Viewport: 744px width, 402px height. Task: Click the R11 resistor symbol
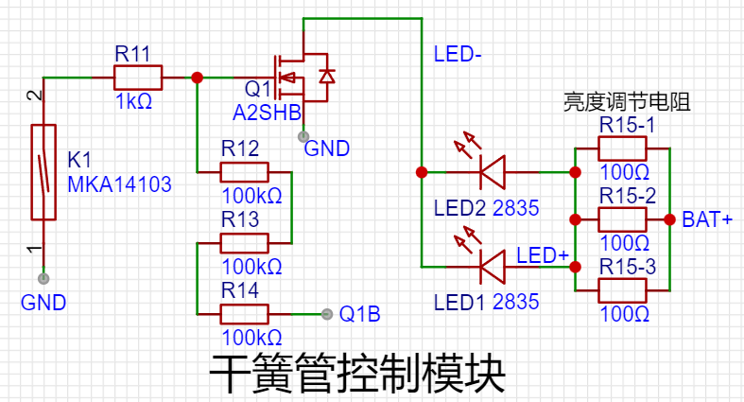coord(138,78)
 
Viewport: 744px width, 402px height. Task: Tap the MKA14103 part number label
coord(120,184)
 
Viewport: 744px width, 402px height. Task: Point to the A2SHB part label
coord(267,114)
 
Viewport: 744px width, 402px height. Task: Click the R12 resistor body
coord(244,172)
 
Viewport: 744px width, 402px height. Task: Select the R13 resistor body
coord(244,243)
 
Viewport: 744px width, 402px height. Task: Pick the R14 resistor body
coord(244,314)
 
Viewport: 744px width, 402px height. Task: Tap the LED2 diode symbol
coord(492,172)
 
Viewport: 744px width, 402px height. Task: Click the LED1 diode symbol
coord(492,268)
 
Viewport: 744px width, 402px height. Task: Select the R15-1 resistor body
coord(623,149)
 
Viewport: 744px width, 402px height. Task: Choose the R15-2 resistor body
coord(623,218)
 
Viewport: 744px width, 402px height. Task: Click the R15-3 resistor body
coord(623,290)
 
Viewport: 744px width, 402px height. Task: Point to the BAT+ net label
coord(707,219)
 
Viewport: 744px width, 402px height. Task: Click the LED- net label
coord(459,55)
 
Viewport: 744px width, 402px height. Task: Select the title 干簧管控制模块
coord(357,375)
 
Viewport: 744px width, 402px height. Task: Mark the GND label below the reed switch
coord(43,303)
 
